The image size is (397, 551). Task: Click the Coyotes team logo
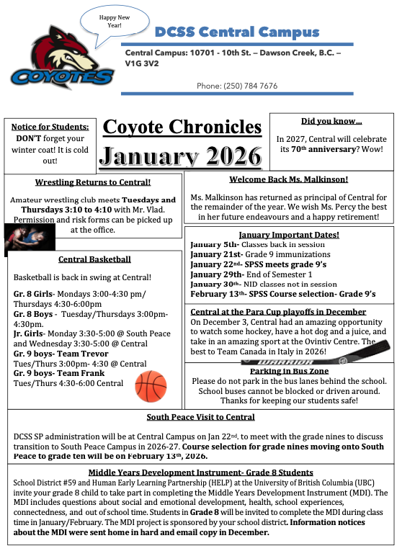pyautogui.click(x=61, y=58)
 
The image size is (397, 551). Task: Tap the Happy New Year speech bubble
pyautogui.click(x=110, y=21)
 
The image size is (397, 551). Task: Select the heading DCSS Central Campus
pyautogui.click(x=238, y=32)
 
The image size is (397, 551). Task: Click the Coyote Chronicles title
pyautogui.click(x=182, y=126)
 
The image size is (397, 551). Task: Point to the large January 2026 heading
pyautogui.click(x=182, y=155)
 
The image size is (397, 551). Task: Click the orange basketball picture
pyautogui.click(x=151, y=386)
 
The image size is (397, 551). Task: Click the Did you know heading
pyautogui.click(x=331, y=121)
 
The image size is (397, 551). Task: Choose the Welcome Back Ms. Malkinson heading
pyautogui.click(x=288, y=179)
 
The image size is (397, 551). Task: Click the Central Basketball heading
pyautogui.click(x=94, y=259)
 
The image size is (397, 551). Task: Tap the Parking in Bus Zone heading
pyautogui.click(x=290, y=371)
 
